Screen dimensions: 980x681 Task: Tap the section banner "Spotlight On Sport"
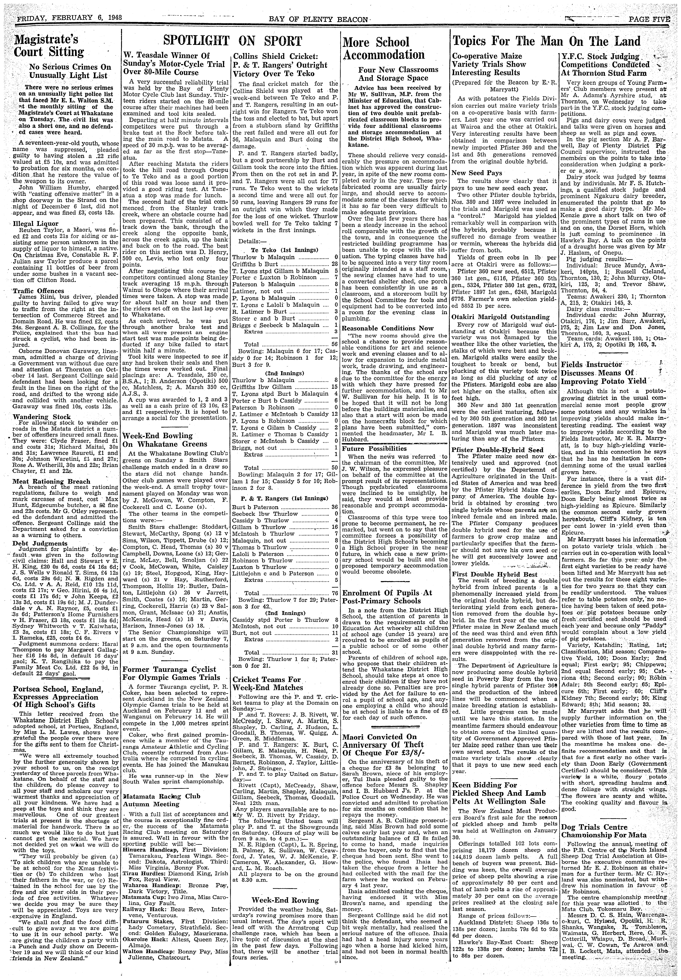click(x=233, y=41)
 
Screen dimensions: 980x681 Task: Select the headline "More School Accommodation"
click(x=384, y=48)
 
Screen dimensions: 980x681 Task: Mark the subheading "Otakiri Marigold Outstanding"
click(x=500, y=317)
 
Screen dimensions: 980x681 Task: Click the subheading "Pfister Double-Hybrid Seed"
click(x=498, y=450)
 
